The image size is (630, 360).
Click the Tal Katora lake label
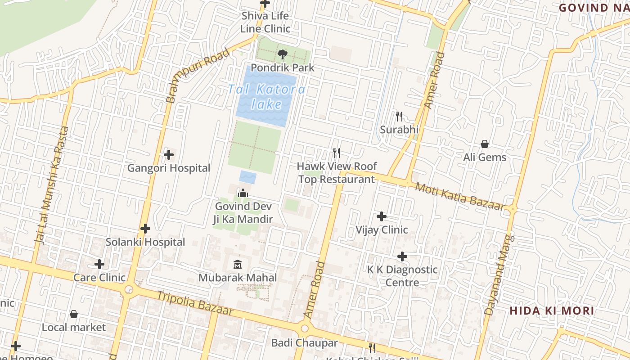click(x=266, y=96)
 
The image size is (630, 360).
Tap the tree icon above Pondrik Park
click(x=282, y=55)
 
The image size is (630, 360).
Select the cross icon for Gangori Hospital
click(x=169, y=155)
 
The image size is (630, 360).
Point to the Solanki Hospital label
click(x=145, y=242)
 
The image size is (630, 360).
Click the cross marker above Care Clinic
click(x=99, y=264)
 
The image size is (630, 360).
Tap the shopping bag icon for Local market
click(x=74, y=314)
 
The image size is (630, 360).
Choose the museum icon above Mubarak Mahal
click(x=238, y=264)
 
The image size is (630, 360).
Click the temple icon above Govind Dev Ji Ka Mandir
click(x=243, y=193)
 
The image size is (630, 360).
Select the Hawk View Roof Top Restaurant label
click(x=337, y=173)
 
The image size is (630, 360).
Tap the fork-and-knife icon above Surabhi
click(x=399, y=117)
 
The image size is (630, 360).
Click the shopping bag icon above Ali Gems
click(x=485, y=144)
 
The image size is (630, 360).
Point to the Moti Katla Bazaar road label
click(x=459, y=196)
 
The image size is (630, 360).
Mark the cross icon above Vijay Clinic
click(x=382, y=216)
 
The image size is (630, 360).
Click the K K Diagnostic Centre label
click(x=402, y=276)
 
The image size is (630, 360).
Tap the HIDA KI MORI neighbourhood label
click(x=552, y=310)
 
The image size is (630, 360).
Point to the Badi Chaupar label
click(x=304, y=343)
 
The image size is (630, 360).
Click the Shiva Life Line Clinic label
click(x=265, y=22)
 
